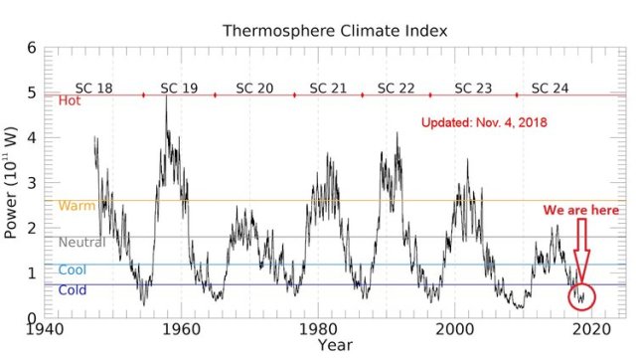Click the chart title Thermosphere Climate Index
point(335,31)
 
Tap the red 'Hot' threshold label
point(70,101)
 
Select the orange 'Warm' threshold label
point(77,207)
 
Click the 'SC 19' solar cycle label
point(179,88)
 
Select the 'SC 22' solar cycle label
point(397,88)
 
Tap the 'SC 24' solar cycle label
point(550,88)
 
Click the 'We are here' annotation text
point(580,211)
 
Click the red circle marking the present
point(581,295)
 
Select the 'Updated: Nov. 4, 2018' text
point(487,125)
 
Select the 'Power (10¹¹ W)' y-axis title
point(12,183)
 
